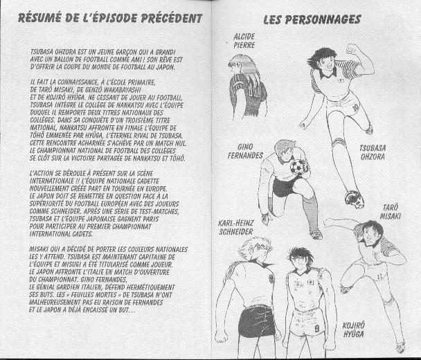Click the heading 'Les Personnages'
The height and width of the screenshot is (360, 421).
coord(312,19)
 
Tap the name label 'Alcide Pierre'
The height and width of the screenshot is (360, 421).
coord(244,39)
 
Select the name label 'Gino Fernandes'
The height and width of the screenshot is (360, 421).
coord(245,151)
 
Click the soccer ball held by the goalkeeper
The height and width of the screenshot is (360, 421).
coord(299,168)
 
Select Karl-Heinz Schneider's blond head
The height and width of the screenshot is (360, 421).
coord(256,250)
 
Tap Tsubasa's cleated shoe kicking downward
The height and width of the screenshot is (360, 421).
coord(354,199)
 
